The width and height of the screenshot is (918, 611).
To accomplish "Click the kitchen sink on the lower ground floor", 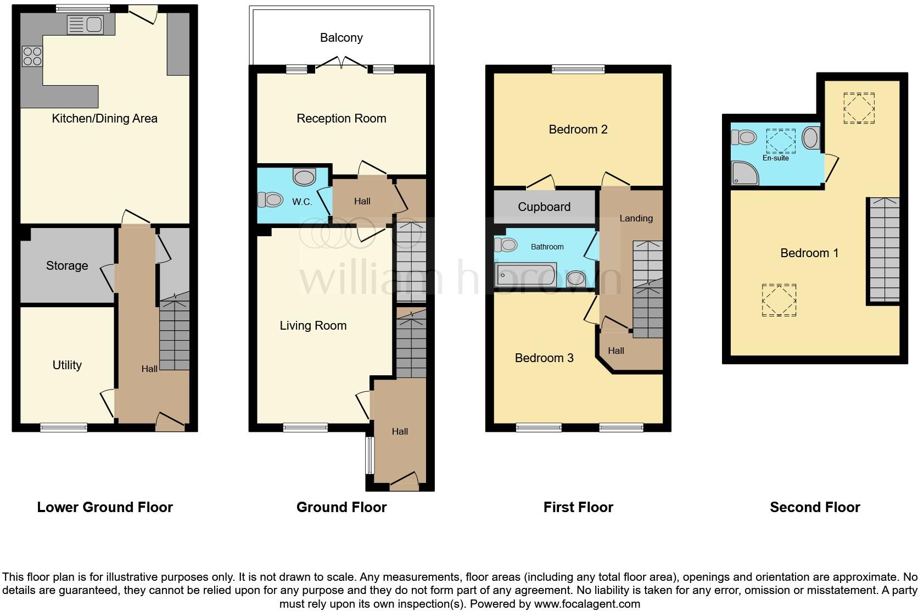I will [x=85, y=25].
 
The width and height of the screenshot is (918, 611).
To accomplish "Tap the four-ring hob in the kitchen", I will [x=32, y=56].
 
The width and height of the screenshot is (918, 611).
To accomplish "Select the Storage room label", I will [x=66, y=266].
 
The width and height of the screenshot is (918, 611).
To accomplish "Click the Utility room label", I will [x=66, y=365].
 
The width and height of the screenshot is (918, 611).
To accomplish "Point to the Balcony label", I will [x=341, y=38].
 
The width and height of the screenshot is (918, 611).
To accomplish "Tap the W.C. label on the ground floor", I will [x=301, y=202].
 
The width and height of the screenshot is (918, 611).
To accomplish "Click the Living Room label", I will [x=313, y=326].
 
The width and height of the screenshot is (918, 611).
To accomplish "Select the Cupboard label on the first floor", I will [x=544, y=207].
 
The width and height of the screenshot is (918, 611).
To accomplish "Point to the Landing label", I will [x=636, y=219].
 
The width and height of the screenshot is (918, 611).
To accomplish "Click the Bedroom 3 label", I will [x=544, y=358].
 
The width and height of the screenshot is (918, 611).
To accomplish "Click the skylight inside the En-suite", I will [x=780, y=141].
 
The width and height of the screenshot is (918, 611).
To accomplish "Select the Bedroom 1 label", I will [x=809, y=253].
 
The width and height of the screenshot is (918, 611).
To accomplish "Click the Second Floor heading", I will [x=814, y=507].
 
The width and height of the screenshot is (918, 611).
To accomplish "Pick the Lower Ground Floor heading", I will [x=105, y=507].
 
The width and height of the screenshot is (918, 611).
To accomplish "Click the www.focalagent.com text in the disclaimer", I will [x=586, y=604].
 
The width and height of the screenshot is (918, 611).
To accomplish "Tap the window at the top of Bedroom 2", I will [x=578, y=69].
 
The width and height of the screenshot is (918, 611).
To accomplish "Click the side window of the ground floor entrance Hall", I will [x=370, y=455].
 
